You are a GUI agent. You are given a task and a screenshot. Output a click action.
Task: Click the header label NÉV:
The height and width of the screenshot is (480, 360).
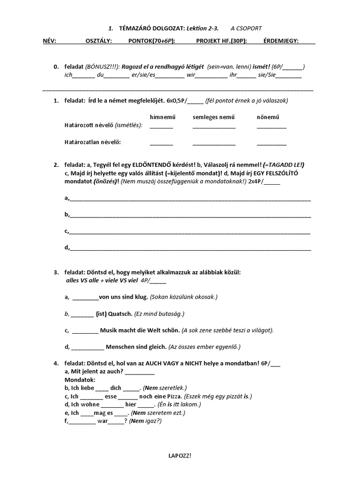click(x=49, y=41)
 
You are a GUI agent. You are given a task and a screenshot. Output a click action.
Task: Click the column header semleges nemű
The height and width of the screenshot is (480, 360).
click(x=213, y=117)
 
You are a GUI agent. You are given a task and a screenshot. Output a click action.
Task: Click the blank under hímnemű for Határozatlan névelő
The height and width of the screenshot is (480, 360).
click(x=161, y=144)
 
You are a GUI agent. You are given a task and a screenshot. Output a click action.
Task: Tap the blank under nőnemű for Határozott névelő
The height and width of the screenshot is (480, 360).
click(x=271, y=127)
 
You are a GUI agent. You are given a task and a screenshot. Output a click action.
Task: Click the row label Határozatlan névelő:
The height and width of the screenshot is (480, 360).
click(x=96, y=142)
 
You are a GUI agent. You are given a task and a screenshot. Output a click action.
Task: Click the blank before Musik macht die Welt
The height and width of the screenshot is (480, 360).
click(x=85, y=331)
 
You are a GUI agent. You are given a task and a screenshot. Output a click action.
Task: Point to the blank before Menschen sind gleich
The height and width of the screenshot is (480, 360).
click(x=88, y=348)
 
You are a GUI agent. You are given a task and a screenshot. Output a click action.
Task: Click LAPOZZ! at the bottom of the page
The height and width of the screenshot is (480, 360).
click(x=180, y=455)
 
